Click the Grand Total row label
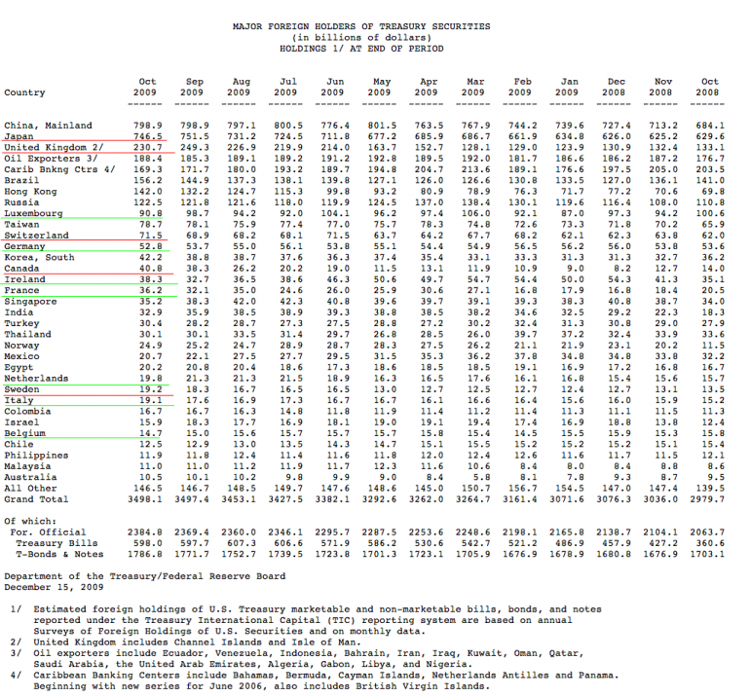pos(36,499)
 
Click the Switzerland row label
pos(36,236)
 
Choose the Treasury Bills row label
pos(47,543)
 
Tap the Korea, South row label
pos(39,257)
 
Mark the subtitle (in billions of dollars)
pos(376,37)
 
